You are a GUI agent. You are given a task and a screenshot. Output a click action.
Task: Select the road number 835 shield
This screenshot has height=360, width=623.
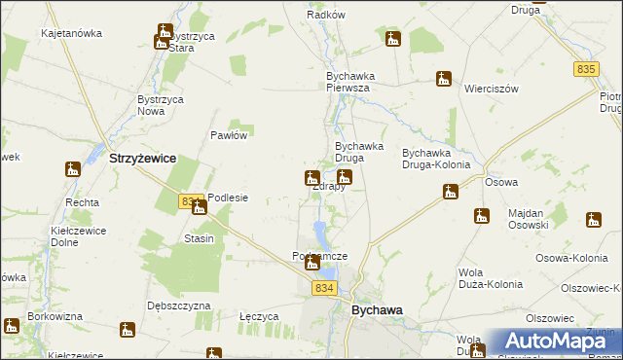(x=585, y=69)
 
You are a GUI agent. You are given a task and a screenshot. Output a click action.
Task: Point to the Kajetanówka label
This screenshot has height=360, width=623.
(x=71, y=33)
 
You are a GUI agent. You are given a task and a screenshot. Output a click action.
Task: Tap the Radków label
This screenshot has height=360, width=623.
(x=326, y=16)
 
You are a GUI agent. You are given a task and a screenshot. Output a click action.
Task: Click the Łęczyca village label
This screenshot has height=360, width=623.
(x=259, y=317)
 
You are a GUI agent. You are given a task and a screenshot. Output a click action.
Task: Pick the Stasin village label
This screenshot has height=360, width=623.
(x=199, y=238)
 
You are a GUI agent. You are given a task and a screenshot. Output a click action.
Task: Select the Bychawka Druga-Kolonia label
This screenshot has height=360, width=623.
(x=435, y=159)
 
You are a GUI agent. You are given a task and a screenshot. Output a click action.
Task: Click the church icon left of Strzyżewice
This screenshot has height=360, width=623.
(x=73, y=170)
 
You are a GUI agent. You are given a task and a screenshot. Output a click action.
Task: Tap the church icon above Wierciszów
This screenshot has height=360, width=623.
(x=444, y=79)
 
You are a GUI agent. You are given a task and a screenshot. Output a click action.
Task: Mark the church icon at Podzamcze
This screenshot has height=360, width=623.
(x=312, y=263)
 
